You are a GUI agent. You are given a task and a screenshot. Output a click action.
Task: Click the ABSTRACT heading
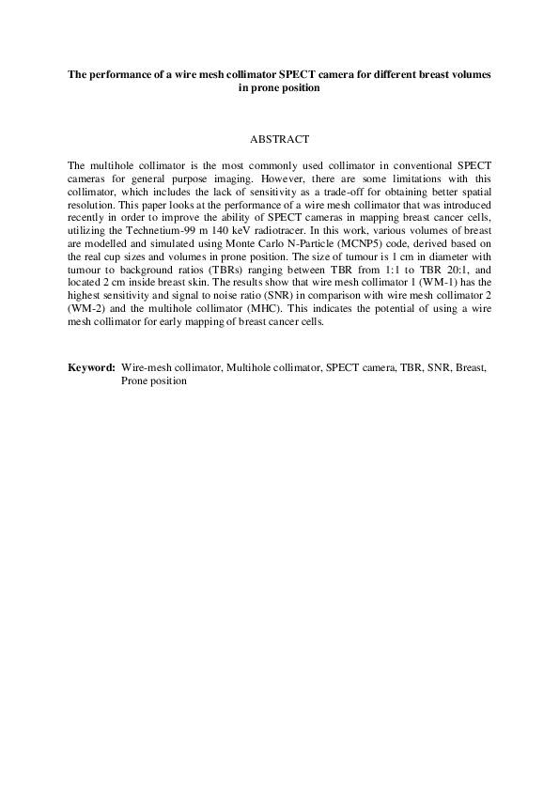(x=279, y=139)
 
